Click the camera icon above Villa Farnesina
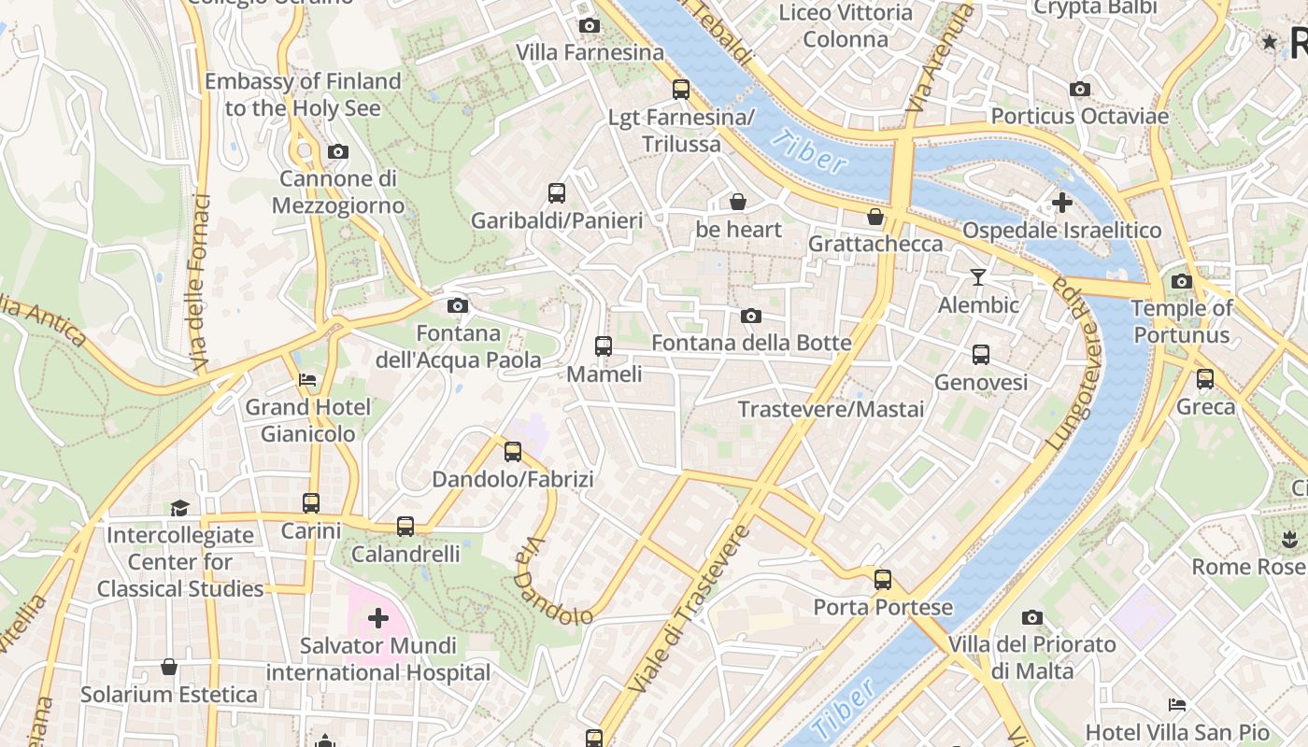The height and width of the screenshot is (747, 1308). tap(590, 26)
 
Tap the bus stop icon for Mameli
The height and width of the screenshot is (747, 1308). tap(604, 346)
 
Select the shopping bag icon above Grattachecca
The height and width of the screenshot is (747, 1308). tap(875, 217)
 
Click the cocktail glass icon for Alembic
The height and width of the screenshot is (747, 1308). tap(978, 277)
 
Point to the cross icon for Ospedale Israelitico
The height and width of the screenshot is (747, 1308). tap(1061, 202)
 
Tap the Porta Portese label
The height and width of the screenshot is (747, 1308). tap(883, 608)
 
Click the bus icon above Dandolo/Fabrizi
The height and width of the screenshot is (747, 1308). tap(513, 452)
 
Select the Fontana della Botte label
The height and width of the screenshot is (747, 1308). tap(751, 343)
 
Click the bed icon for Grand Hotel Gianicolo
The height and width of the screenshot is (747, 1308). tap(307, 380)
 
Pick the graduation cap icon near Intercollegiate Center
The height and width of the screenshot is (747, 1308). tap(179, 508)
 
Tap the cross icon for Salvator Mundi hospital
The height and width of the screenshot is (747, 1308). tap(378, 617)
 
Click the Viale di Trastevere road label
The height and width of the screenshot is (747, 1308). tap(689, 609)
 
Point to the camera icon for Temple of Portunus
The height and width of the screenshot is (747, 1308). tap(1181, 281)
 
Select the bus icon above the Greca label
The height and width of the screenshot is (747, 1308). tap(1205, 379)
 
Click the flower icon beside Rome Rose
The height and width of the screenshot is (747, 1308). tap(1289, 539)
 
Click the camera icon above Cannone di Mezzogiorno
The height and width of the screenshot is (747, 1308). tap(338, 151)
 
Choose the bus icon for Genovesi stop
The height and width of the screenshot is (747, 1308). tap(981, 355)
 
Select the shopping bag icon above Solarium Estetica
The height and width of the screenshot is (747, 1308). tap(169, 667)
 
